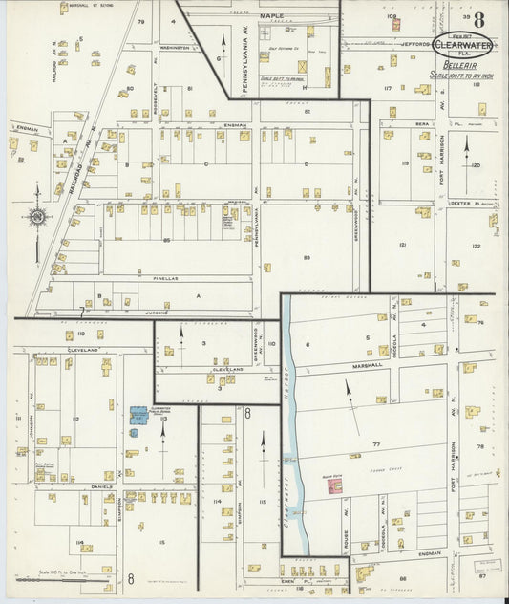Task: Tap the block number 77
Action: [x=376, y=445]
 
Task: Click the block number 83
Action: [x=307, y=258]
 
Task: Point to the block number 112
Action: [x=75, y=419]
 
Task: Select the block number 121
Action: [x=402, y=246]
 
